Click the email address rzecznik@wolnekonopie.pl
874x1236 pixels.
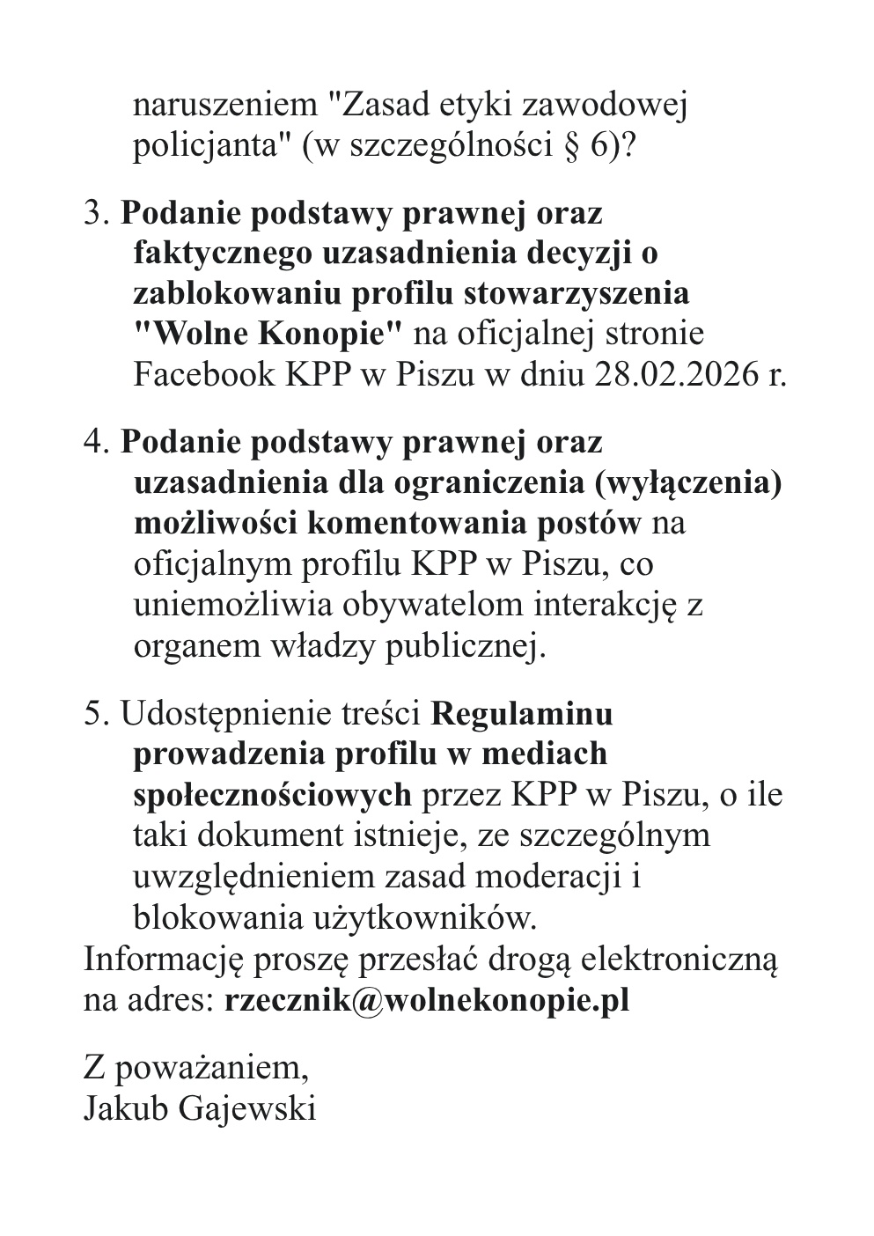pyautogui.click(x=427, y=1001)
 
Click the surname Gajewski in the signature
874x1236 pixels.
pyautogui.click(x=247, y=1107)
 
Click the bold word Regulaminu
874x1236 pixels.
pyautogui.click(x=522, y=713)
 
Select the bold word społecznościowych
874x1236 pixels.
pyautogui.click(x=272, y=794)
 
